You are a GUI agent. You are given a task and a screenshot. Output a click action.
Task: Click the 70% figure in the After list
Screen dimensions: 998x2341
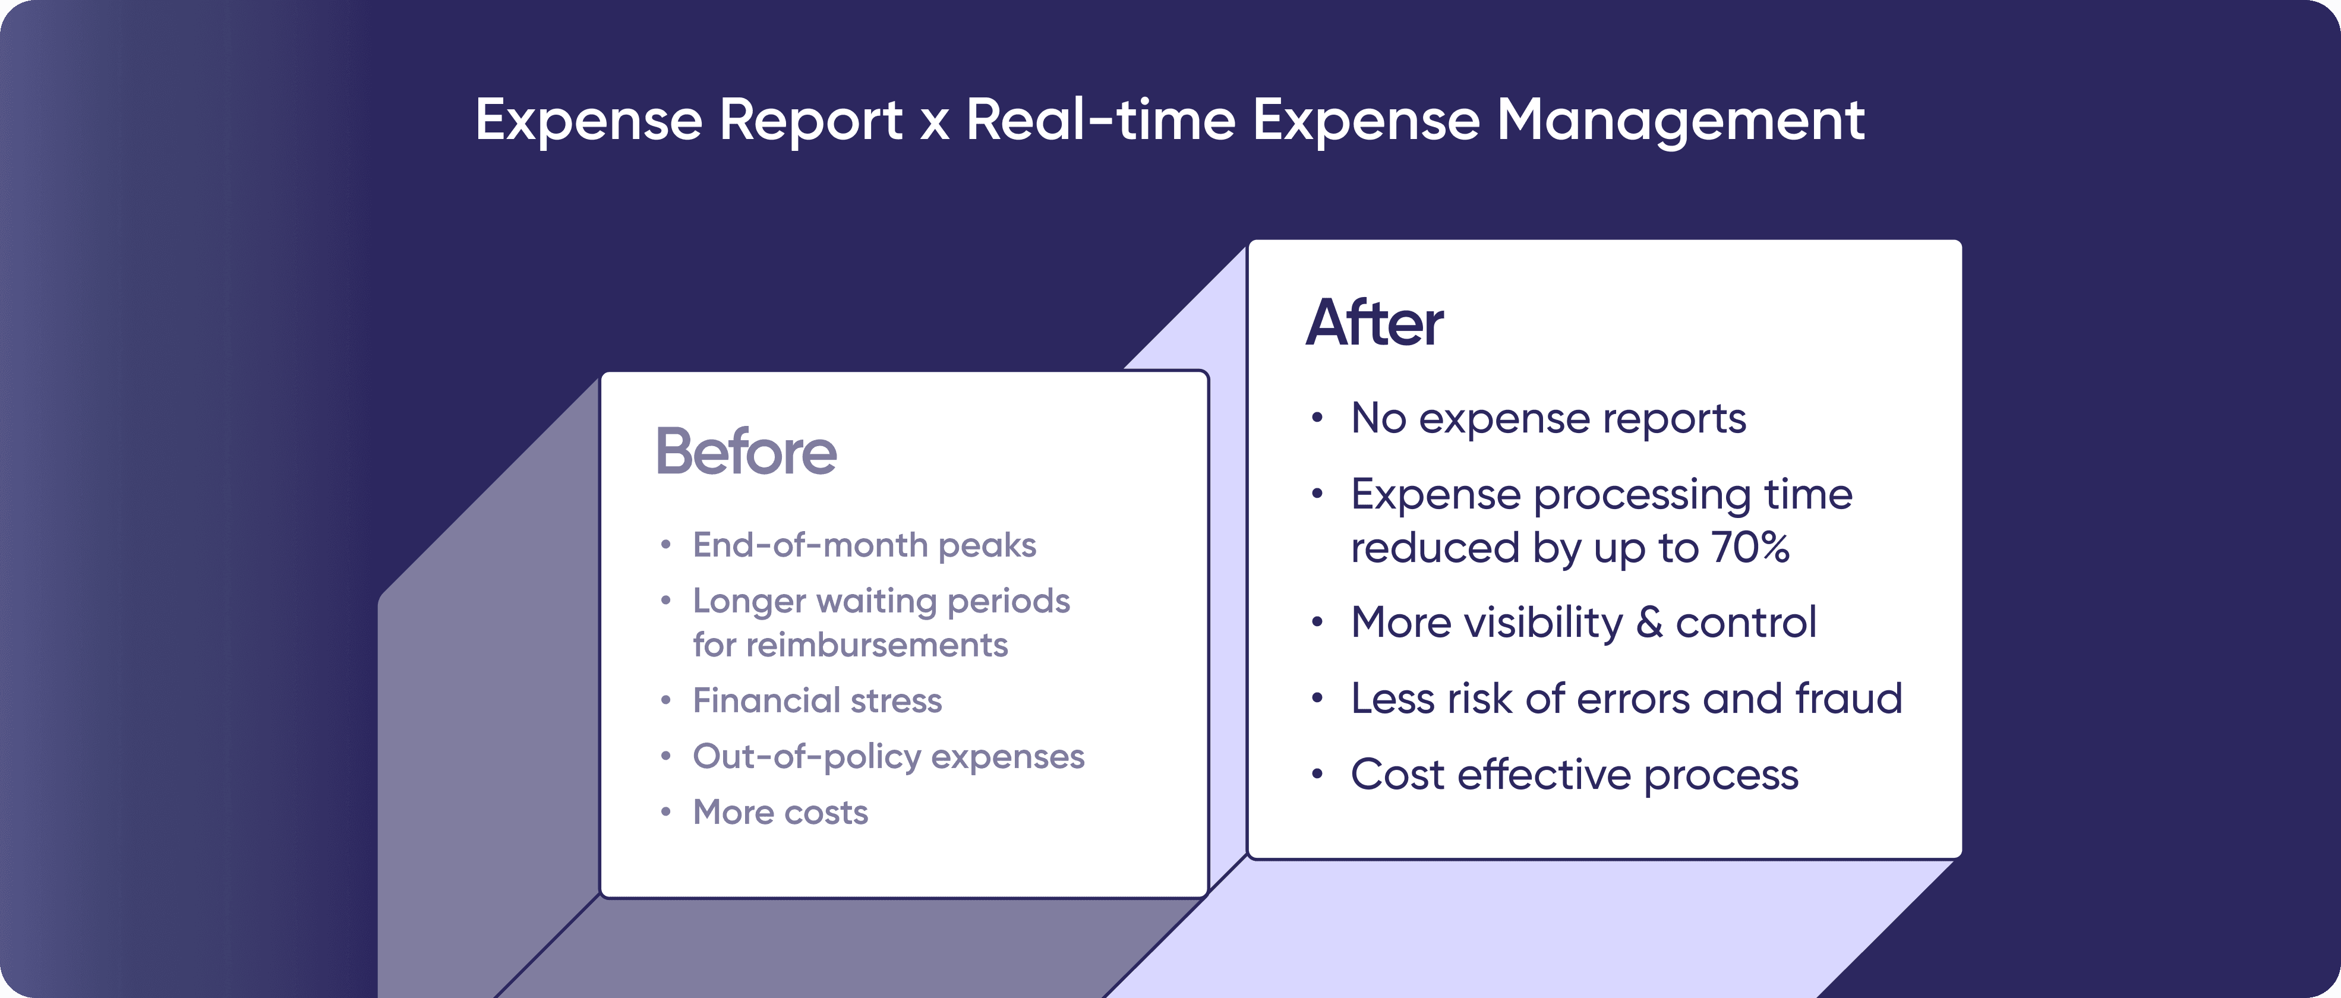[1750, 547]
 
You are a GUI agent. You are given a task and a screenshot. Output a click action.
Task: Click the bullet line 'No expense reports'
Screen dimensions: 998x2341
[1548, 419]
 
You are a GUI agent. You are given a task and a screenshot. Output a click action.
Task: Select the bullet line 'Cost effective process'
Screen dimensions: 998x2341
[1574, 775]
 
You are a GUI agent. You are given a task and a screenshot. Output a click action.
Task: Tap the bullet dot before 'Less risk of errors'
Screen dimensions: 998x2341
[1317, 699]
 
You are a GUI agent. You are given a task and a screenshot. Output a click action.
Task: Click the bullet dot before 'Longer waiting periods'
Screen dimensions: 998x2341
[666, 601]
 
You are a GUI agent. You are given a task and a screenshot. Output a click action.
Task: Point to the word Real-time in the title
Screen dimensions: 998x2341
[1100, 120]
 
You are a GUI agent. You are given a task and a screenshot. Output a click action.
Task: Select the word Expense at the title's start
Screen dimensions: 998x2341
[589, 120]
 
